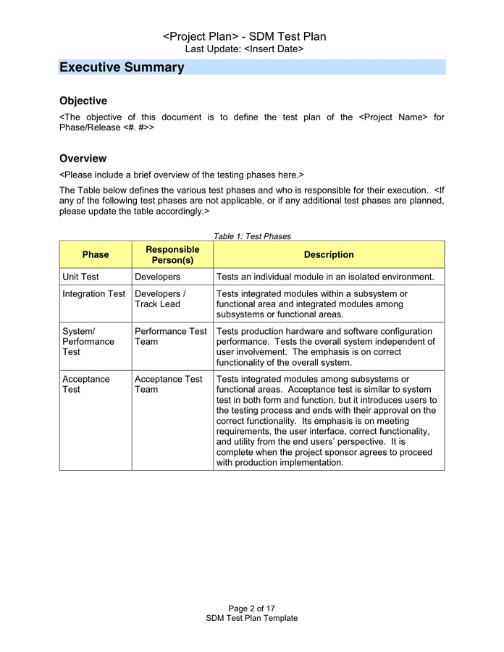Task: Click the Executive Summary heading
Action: coord(122,67)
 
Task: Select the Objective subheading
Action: coord(83,101)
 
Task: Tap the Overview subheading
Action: coord(83,158)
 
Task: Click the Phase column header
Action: coord(96,255)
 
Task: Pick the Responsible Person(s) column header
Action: coord(172,255)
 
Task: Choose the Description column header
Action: coord(329,255)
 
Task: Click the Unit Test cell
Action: coord(81,277)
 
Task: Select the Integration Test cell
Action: coord(94,294)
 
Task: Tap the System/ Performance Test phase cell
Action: coord(88,341)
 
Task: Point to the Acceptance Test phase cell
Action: coord(86,384)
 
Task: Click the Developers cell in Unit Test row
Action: coord(157,277)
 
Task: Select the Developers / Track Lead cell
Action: coord(160,299)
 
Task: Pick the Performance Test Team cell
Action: coord(170,336)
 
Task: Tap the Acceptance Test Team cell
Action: coord(169,384)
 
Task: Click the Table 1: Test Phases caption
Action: coord(252,236)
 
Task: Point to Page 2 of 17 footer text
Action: coord(251,609)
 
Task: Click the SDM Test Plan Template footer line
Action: coord(251,618)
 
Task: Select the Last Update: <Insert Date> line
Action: coord(244,49)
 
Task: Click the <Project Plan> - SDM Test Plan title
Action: coord(244,36)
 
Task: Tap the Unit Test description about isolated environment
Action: coord(325,277)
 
